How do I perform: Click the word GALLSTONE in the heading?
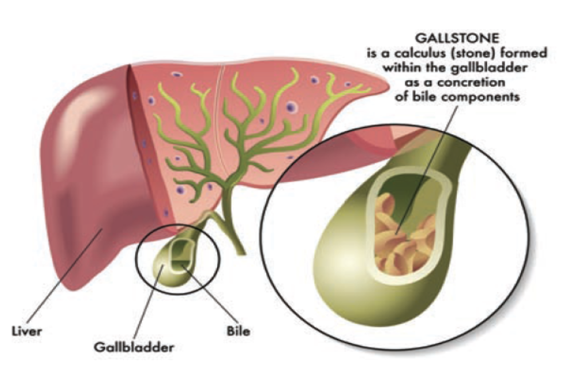click(457, 38)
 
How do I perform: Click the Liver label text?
click(27, 331)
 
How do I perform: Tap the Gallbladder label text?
click(134, 348)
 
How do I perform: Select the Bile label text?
click(239, 331)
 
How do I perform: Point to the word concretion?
click(471, 83)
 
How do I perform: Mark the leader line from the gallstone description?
click(427, 170)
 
